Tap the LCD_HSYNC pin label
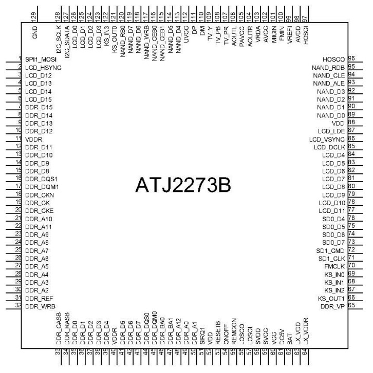click(43, 68)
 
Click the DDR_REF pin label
click(38, 298)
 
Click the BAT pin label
click(290, 336)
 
